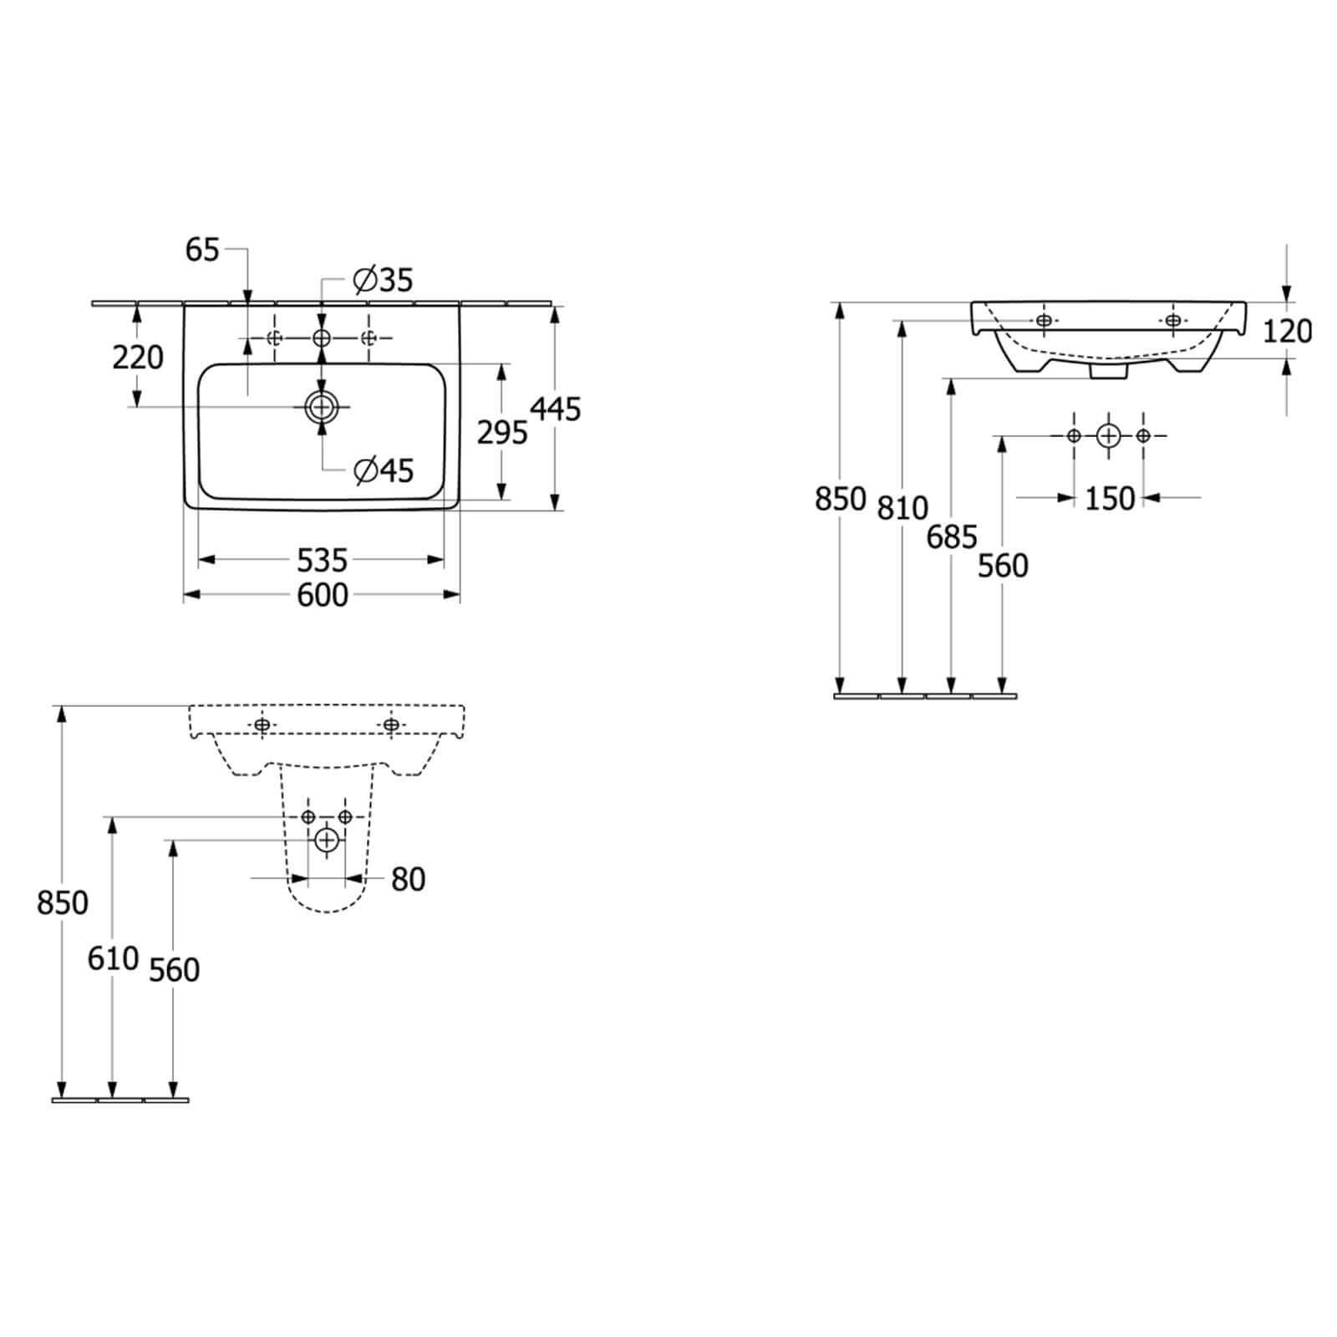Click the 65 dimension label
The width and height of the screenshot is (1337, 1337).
click(x=202, y=249)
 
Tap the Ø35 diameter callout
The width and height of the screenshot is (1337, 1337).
click(x=384, y=280)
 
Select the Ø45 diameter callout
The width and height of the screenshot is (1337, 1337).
click(x=384, y=471)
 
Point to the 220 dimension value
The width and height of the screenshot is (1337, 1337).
click(x=138, y=358)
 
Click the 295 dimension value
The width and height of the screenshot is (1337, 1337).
click(x=502, y=432)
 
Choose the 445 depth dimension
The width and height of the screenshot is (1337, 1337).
click(x=556, y=409)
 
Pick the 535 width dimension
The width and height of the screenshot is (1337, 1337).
click(x=322, y=559)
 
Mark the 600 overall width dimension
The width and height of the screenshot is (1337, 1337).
click(x=323, y=595)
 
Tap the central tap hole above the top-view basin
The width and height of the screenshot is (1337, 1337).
click(x=322, y=338)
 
